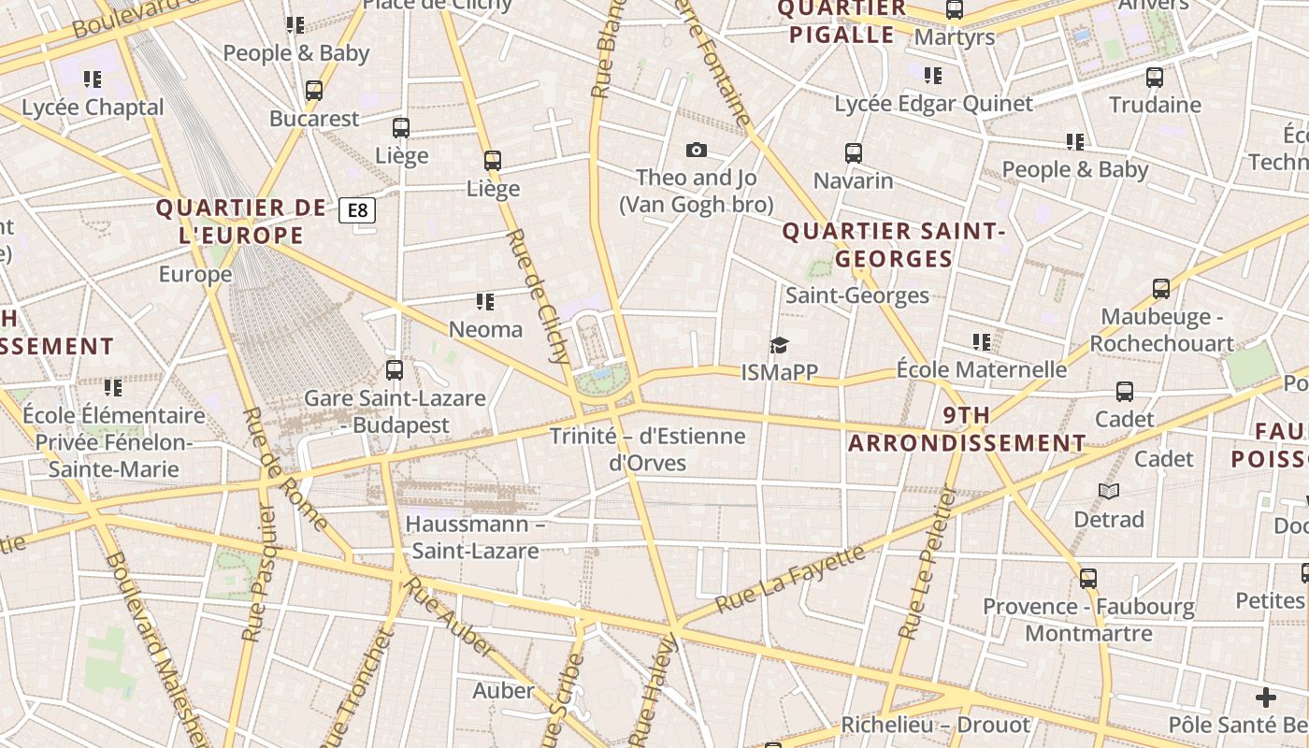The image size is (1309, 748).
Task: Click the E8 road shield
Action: (357, 210)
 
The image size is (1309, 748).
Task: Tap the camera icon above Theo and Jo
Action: (696, 150)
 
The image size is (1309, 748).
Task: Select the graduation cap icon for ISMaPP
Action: (779, 346)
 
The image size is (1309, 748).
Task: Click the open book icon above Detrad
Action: (1109, 491)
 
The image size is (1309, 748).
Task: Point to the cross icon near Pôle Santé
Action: (1265, 698)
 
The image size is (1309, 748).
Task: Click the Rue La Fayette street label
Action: (790, 580)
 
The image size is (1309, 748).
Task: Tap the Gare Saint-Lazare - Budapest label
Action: (395, 411)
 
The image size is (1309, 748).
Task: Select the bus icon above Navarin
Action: (853, 152)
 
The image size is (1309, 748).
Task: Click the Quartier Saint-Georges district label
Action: (893, 245)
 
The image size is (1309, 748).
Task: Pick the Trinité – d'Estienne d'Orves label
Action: (647, 449)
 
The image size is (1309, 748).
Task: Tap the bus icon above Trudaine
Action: (1155, 77)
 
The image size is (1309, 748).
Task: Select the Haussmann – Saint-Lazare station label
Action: (475, 538)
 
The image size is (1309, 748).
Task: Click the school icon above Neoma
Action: (484, 301)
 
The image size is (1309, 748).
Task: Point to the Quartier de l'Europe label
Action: (241, 222)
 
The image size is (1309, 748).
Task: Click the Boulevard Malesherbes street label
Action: (155, 645)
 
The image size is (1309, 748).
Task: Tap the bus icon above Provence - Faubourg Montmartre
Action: (1087, 579)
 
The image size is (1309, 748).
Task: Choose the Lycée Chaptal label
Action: (93, 108)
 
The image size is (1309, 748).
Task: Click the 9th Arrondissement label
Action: (967, 429)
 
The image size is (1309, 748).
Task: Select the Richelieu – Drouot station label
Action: (935, 725)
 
